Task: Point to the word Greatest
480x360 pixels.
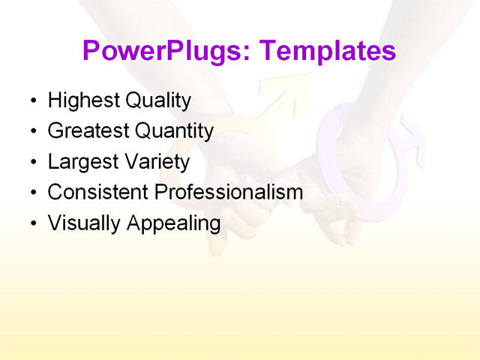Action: [88, 130]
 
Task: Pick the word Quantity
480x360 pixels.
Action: [174, 130]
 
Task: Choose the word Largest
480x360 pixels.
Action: [81, 161]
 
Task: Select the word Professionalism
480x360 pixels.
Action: [229, 192]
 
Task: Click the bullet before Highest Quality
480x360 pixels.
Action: [31, 100]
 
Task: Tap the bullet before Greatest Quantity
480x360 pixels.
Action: [31, 131]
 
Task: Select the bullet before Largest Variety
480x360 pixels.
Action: [31, 162]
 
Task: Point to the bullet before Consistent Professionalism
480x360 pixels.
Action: [31, 193]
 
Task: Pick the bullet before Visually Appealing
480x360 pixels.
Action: [31, 223]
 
